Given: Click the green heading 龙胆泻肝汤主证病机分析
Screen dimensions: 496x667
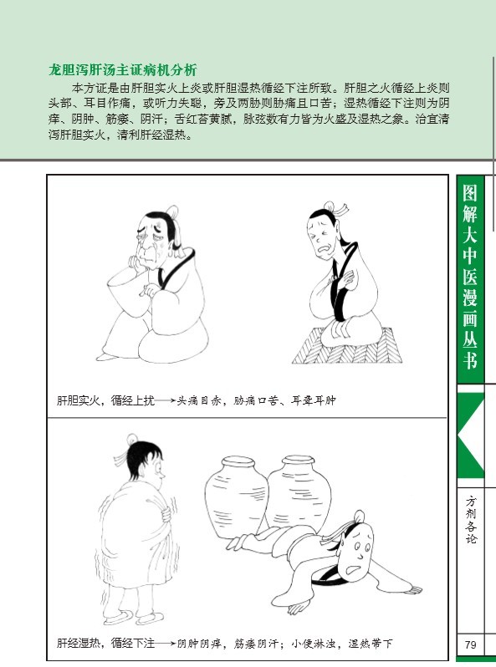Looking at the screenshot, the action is point(123,69).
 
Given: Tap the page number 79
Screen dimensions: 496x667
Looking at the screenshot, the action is point(470,644).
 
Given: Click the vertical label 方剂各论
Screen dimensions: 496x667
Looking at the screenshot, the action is point(471,519).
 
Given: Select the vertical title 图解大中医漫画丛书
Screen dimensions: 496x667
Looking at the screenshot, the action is point(470,277).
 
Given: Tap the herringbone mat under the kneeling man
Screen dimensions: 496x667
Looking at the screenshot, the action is point(347,345).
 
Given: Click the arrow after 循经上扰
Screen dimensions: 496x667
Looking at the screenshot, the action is point(165,400).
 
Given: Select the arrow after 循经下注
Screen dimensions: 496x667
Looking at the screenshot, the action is point(165,644).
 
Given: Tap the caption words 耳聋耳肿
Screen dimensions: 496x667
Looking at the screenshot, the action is point(314,400).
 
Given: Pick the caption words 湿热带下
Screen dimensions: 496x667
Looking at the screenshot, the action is point(370,644).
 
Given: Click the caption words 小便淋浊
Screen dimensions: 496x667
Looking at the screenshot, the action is point(313,644).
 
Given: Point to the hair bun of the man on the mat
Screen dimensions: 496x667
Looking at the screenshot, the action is point(329,206).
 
